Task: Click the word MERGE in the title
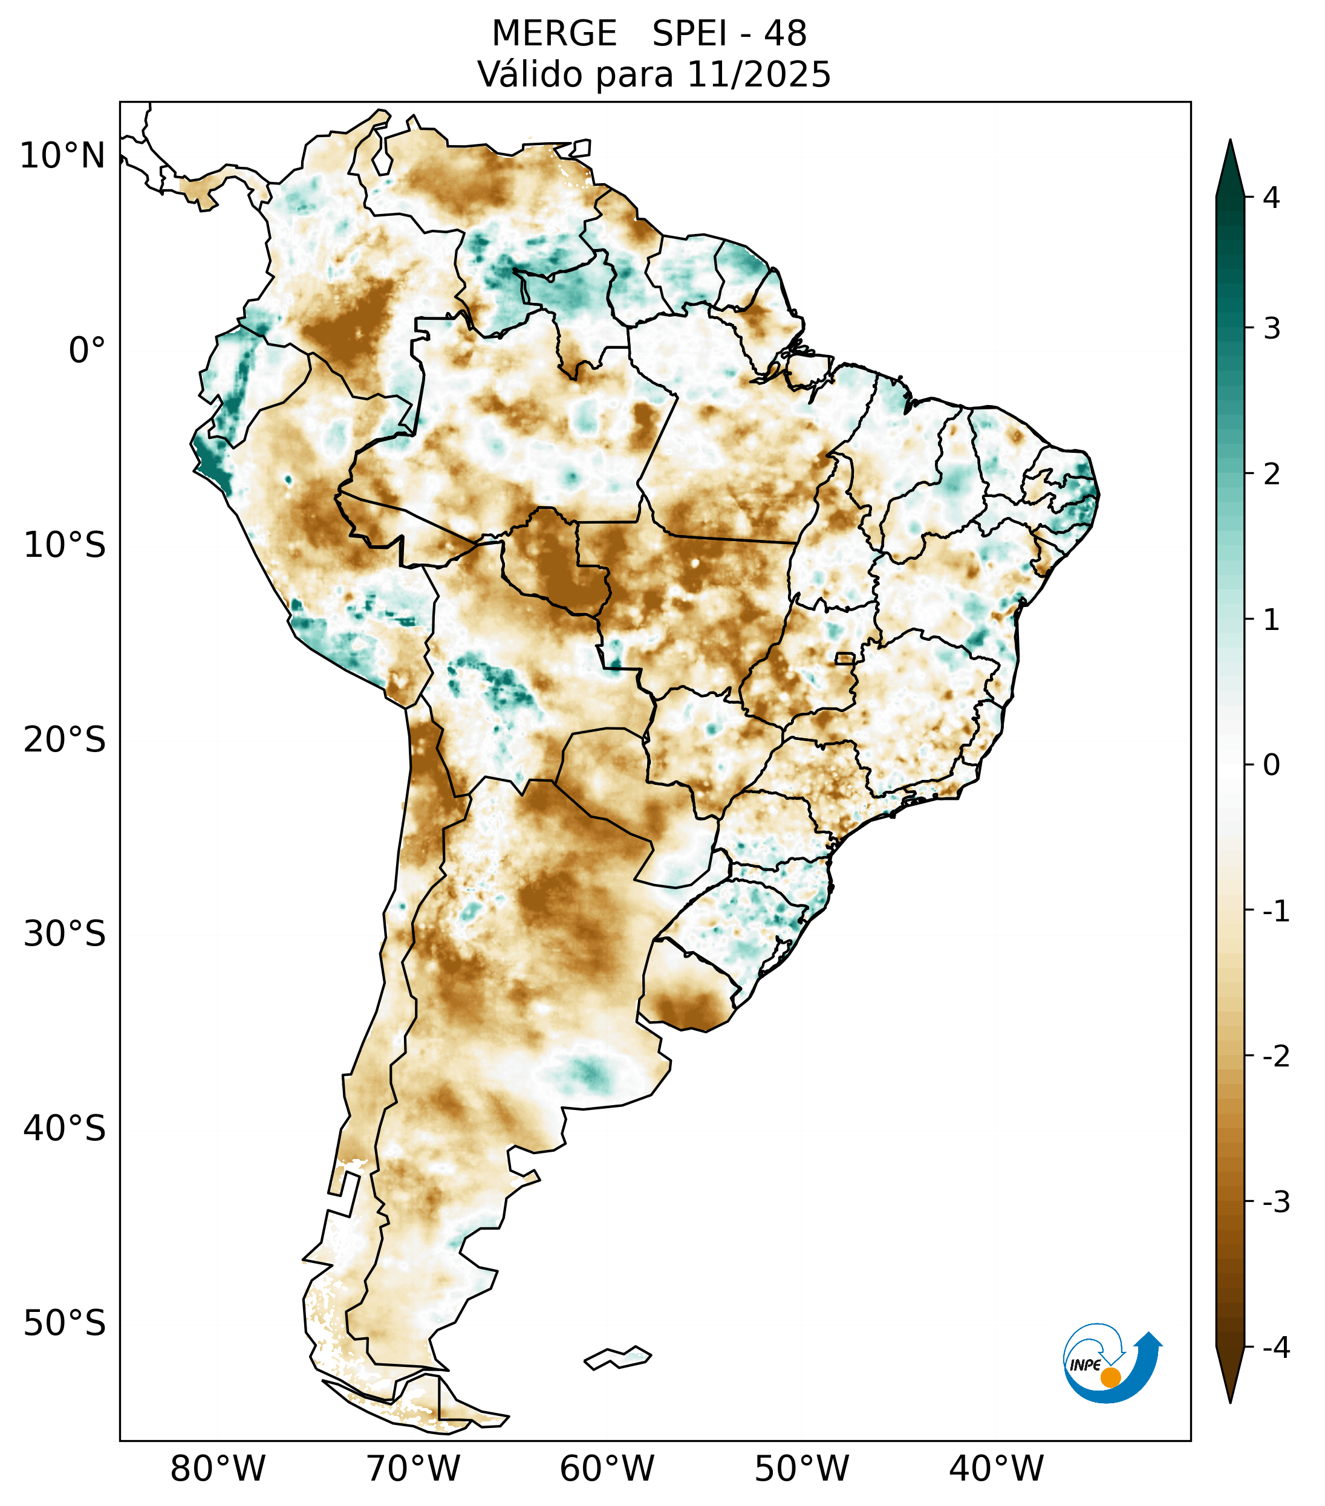point(553,34)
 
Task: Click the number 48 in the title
point(785,34)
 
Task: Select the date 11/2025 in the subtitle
point(758,74)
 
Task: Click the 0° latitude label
point(87,351)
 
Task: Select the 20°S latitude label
point(65,740)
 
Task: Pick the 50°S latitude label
point(65,1323)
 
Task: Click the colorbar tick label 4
point(1271,198)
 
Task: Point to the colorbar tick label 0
point(1271,765)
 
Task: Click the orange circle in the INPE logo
point(1110,1377)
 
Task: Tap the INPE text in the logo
point(1085,1365)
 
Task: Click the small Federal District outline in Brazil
point(844,658)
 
